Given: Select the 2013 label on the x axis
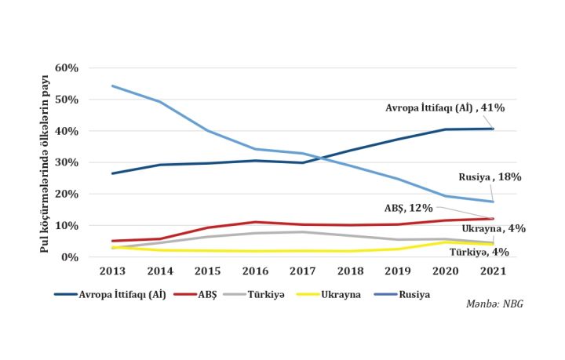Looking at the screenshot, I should coord(113,271).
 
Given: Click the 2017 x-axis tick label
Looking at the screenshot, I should coord(303,271).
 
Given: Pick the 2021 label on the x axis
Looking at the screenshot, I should coord(493,271).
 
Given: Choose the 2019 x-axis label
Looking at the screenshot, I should coord(398,271).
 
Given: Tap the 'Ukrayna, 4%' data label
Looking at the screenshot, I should coord(494,228).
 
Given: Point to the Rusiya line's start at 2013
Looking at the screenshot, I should coord(113,85).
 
